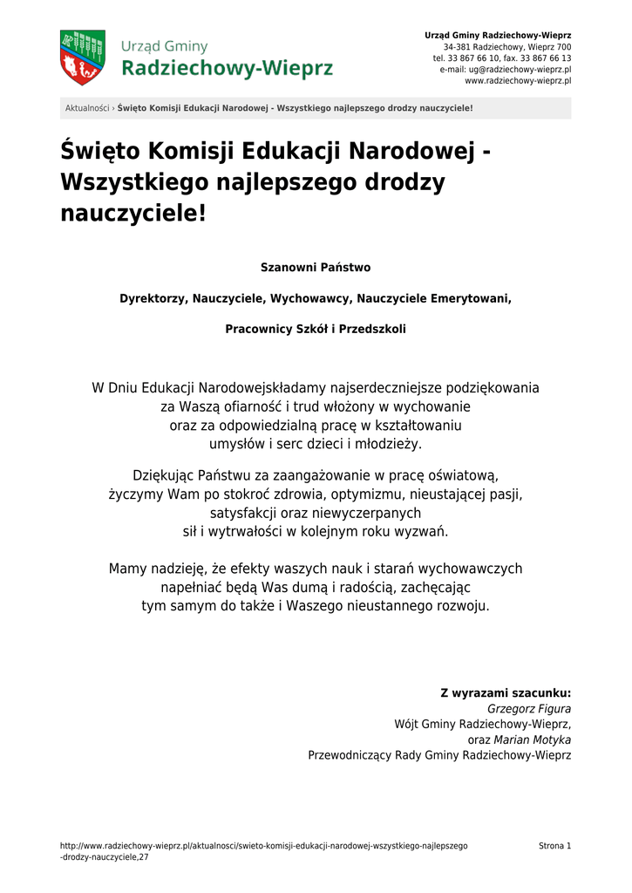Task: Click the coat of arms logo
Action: click(x=82, y=57)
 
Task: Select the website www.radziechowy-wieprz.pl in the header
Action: click(x=518, y=80)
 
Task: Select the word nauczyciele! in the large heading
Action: click(x=133, y=214)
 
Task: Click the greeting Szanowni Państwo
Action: click(x=316, y=267)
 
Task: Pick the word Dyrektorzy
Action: click(x=153, y=298)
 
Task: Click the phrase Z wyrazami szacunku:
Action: click(x=506, y=694)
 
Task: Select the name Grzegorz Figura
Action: click(x=529, y=709)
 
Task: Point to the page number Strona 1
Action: click(x=554, y=846)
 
